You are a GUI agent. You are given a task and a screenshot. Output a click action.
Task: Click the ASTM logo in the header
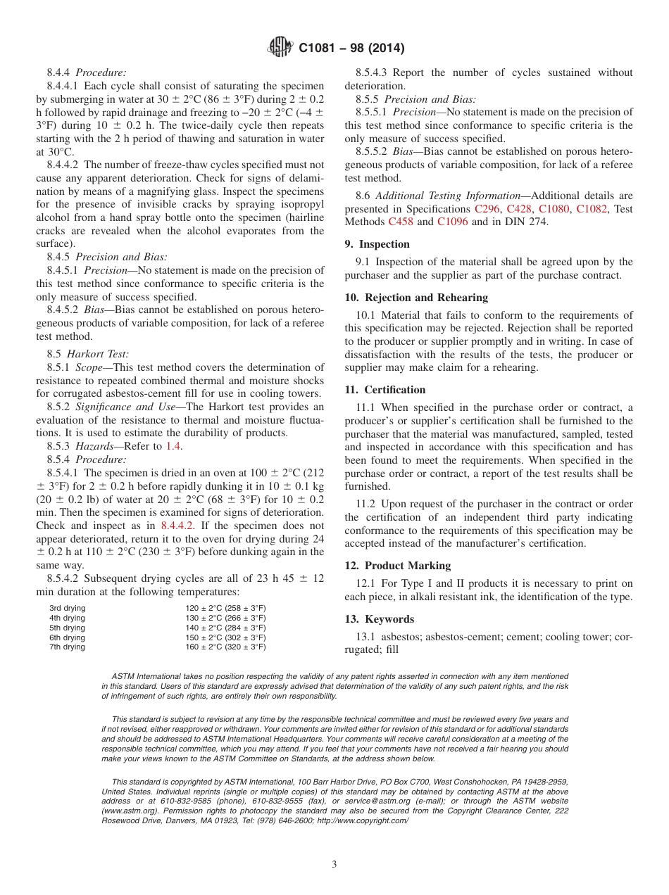click(x=282, y=49)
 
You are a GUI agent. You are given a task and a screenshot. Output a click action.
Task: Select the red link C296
click(x=487, y=209)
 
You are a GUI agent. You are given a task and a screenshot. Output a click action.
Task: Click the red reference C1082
click(x=592, y=209)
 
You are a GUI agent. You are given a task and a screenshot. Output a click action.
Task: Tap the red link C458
click(x=401, y=222)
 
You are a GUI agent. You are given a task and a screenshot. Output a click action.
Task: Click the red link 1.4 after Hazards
click(x=173, y=446)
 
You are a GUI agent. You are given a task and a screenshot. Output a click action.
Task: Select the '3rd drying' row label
click(x=67, y=608)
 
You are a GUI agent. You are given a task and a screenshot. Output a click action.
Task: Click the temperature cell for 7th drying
click(x=225, y=647)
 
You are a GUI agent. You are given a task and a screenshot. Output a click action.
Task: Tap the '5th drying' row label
click(x=67, y=628)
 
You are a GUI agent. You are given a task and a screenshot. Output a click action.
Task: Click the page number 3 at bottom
click(x=334, y=865)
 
